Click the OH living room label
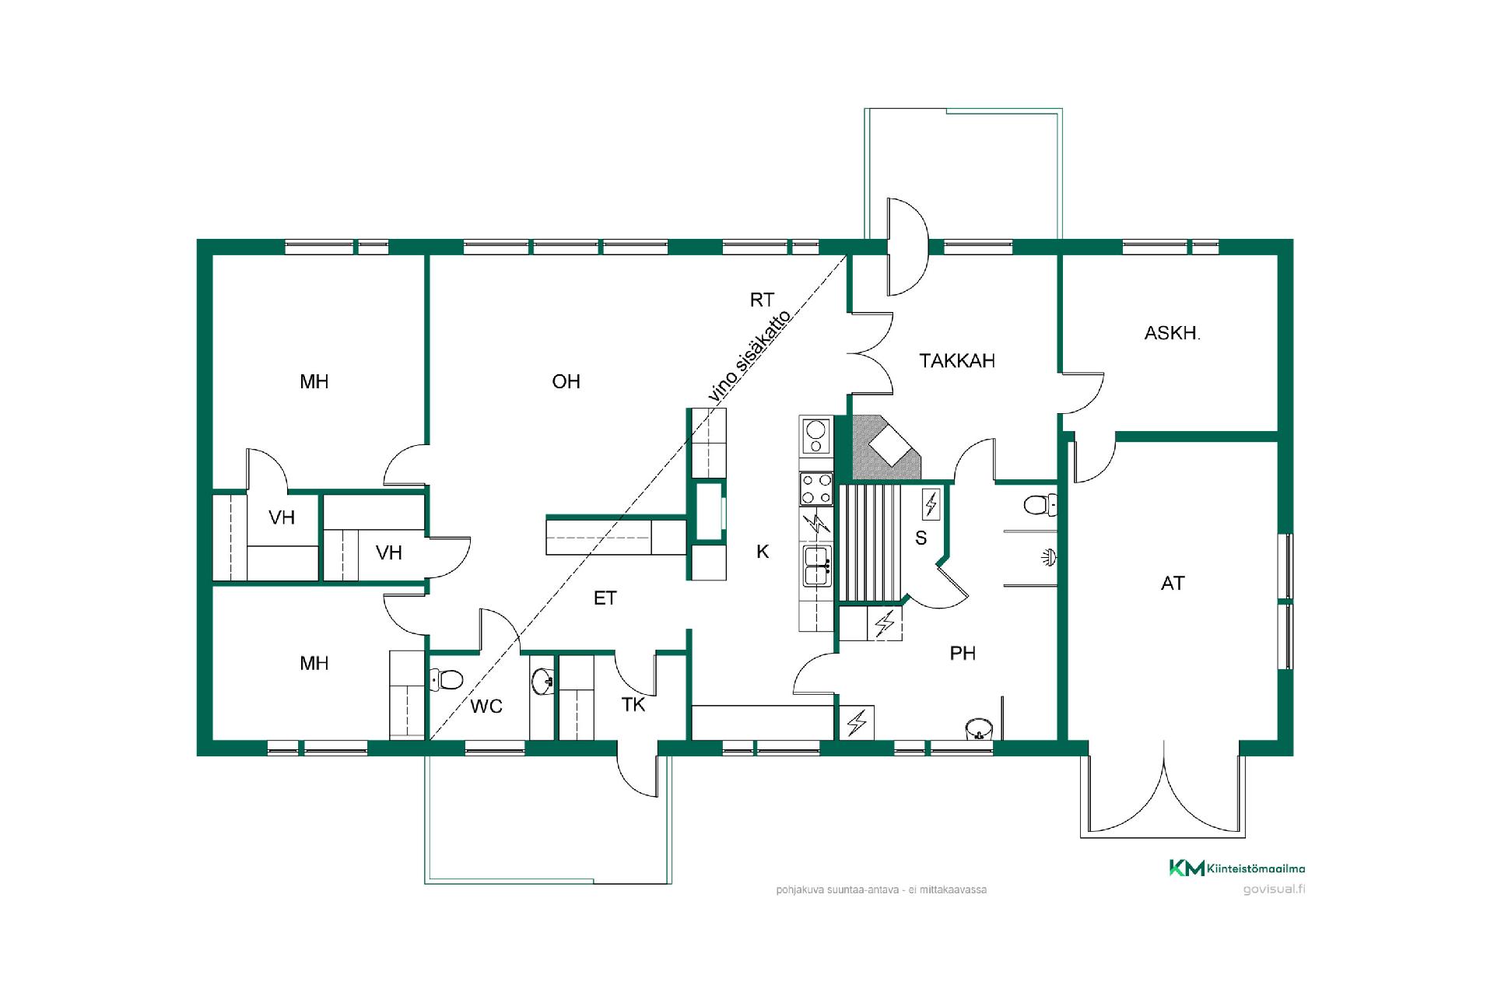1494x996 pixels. [x=566, y=381]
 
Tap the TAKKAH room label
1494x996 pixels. [x=957, y=361]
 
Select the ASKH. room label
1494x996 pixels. [x=1172, y=334]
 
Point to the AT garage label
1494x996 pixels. [x=1173, y=583]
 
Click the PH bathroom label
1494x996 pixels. [x=963, y=653]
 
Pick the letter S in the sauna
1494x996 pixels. [x=921, y=538]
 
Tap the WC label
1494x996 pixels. [x=486, y=707]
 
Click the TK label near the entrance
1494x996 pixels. [x=633, y=705]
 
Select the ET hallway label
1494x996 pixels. [x=605, y=598]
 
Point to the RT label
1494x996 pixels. [x=762, y=300]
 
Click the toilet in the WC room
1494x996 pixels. [x=446, y=679]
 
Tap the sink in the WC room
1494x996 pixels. [x=542, y=682]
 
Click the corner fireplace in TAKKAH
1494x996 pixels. [x=887, y=448]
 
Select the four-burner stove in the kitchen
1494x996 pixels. [x=815, y=489]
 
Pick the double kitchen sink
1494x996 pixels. [x=817, y=565]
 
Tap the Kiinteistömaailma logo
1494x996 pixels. [x=1237, y=868]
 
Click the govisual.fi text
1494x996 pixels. [x=1274, y=889]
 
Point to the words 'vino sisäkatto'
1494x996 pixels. [x=750, y=356]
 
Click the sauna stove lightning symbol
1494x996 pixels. [x=931, y=504]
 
